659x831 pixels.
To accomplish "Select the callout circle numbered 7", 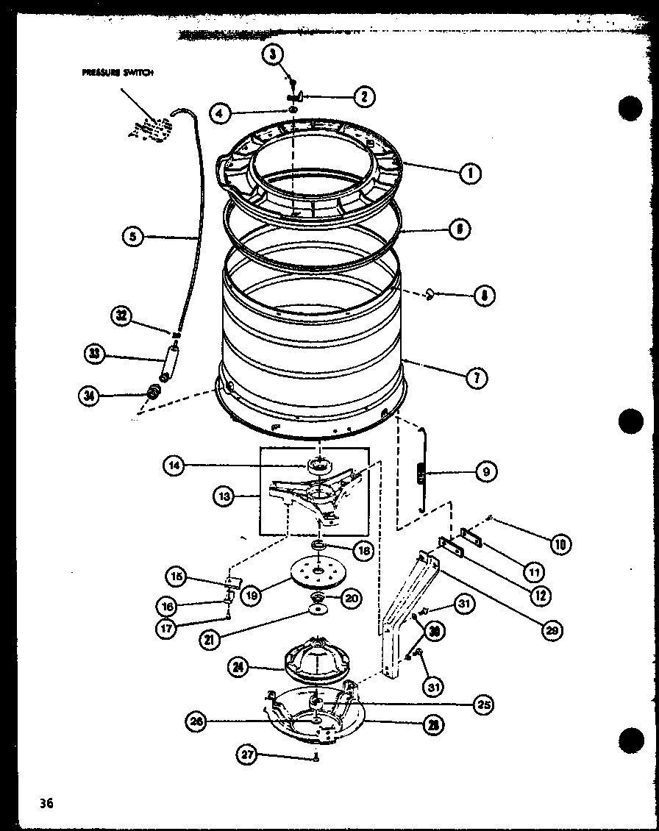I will pyautogui.click(x=476, y=379).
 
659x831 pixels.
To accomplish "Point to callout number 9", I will pyautogui.click(x=485, y=471).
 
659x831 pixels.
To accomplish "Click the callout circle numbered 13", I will pyautogui.click(x=225, y=498).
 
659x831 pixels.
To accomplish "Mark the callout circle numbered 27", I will pyautogui.click(x=248, y=753).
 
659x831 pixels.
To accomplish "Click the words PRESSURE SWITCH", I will pyautogui.click(x=118, y=74).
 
